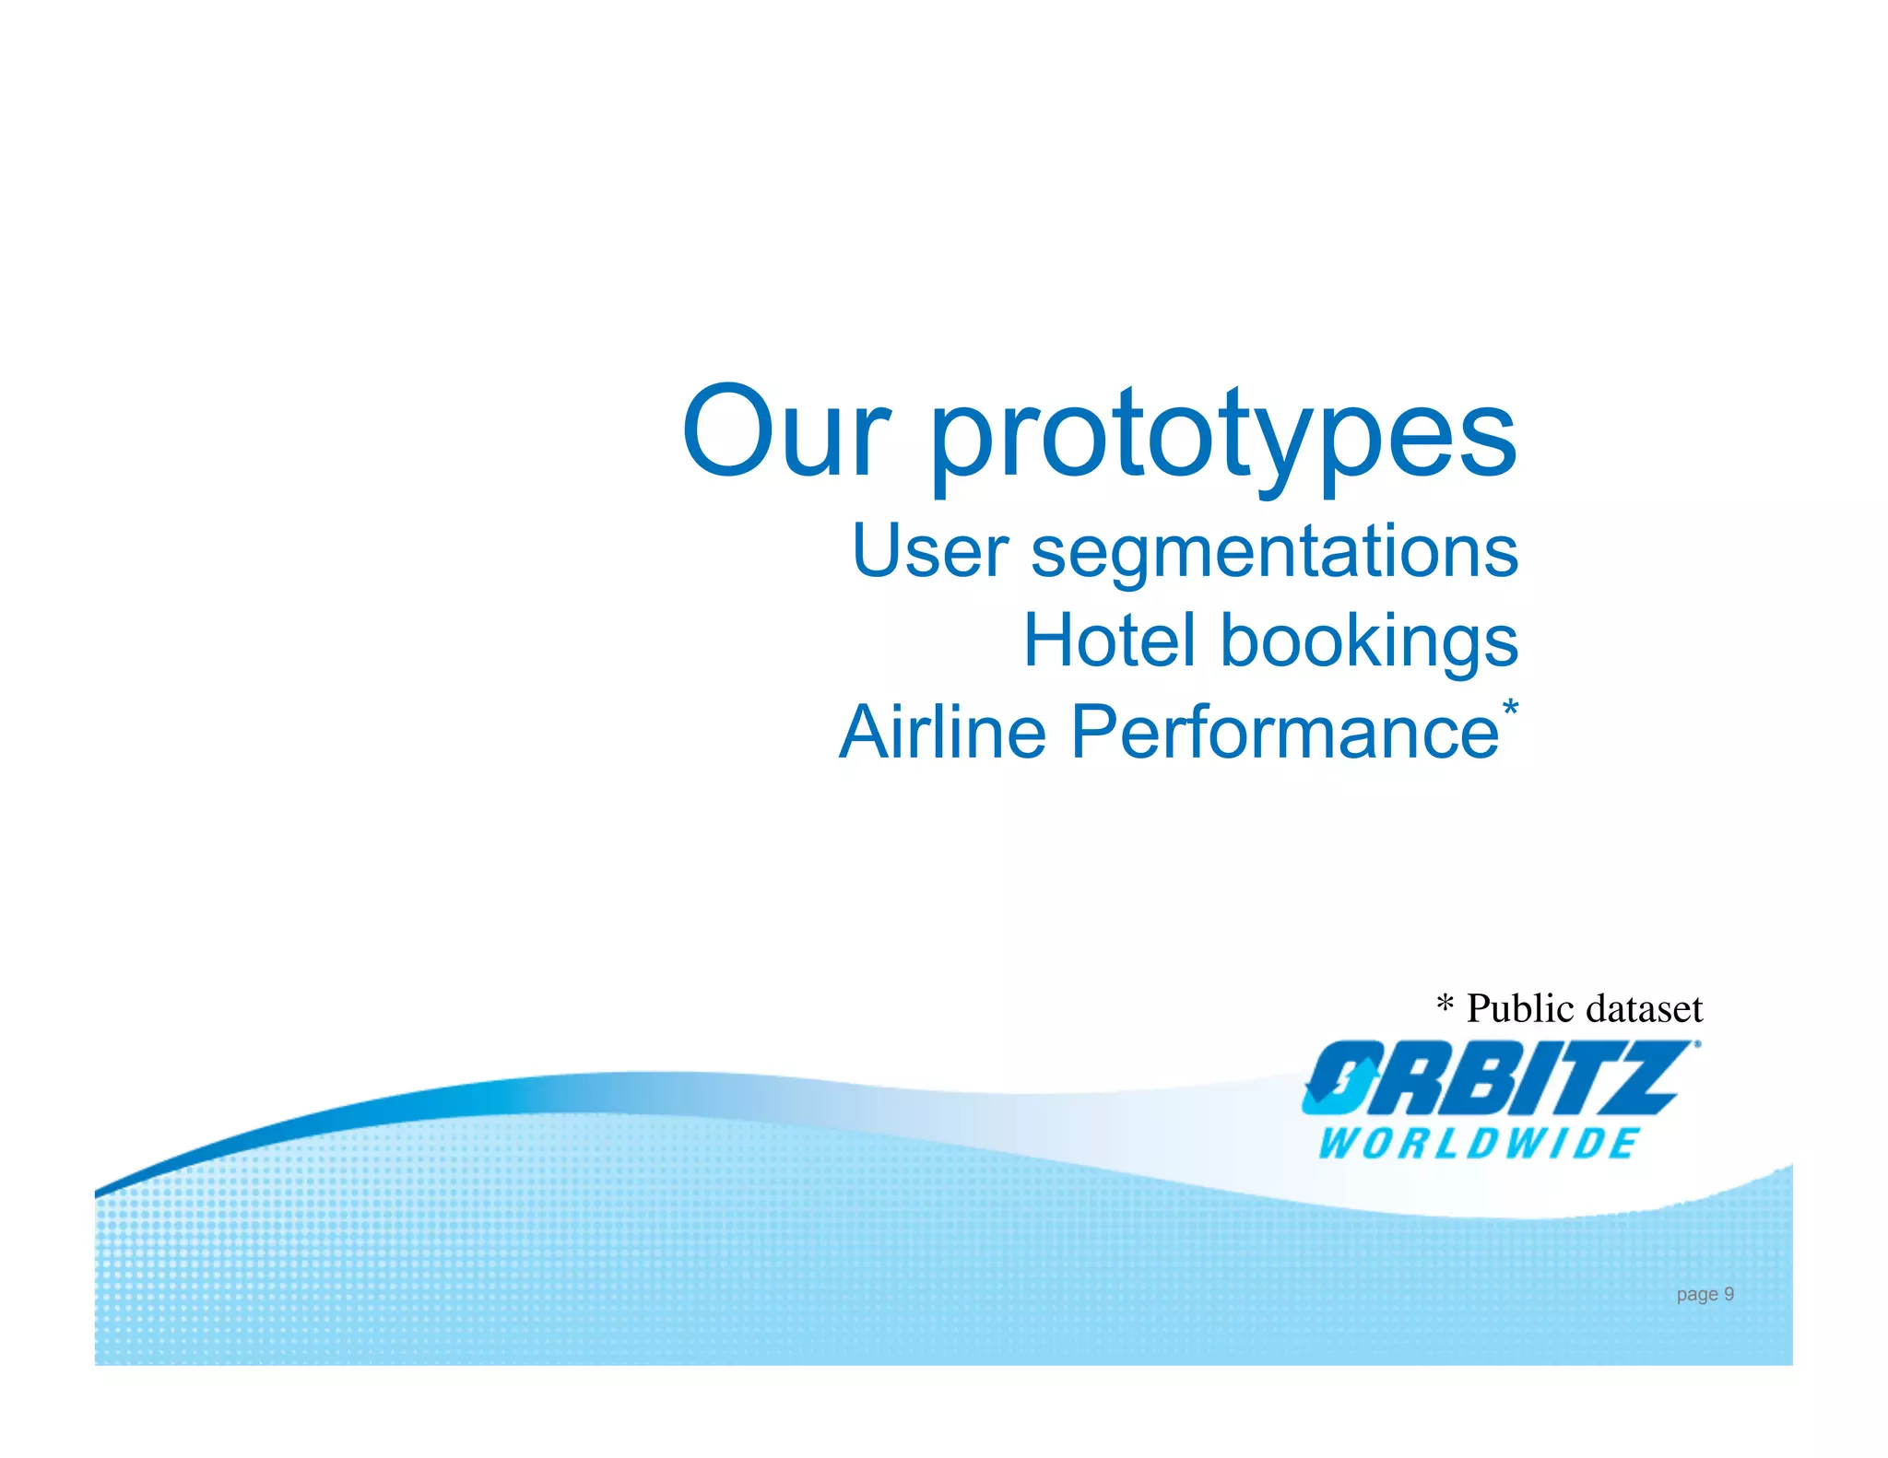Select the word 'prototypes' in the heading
click(x=1223, y=438)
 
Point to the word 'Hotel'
click(x=1109, y=641)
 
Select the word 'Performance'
click(x=1284, y=732)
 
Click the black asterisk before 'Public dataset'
click(x=1445, y=1004)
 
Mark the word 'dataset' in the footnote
click(x=1644, y=1008)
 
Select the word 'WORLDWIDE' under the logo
click(x=1478, y=1144)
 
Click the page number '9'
click(x=1729, y=1294)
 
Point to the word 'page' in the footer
click(x=1696, y=1295)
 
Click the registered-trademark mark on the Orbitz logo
click(x=1697, y=1045)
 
